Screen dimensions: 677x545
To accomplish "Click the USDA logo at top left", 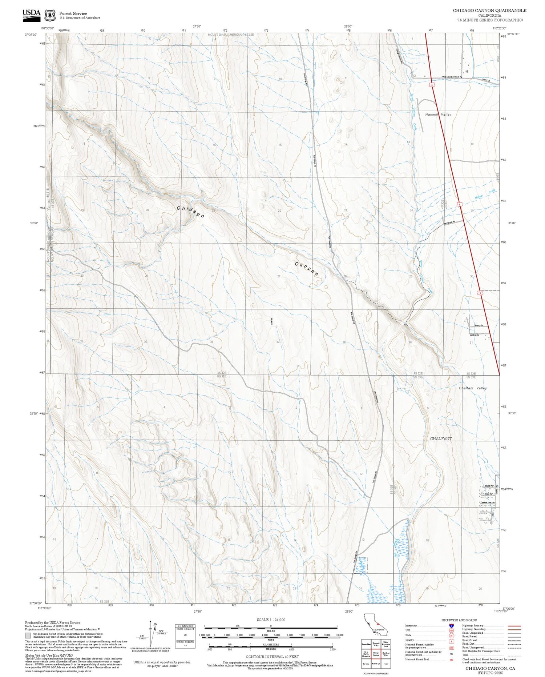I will click(32, 14).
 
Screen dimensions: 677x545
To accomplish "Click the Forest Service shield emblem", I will click(49, 16).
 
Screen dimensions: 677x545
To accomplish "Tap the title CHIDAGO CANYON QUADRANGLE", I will click(489, 11).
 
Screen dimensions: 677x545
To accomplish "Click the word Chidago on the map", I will click(190, 212).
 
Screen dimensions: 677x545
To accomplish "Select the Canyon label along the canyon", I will click(307, 269).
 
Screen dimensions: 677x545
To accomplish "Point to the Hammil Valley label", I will click(438, 115).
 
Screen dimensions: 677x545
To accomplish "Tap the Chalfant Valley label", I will click(473, 388).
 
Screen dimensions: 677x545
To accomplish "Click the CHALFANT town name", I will click(441, 439).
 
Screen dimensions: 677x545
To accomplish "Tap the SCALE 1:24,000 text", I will click(271, 620).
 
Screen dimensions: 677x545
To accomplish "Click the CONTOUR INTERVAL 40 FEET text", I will click(272, 657).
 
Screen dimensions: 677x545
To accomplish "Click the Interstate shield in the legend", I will click(451, 625).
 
